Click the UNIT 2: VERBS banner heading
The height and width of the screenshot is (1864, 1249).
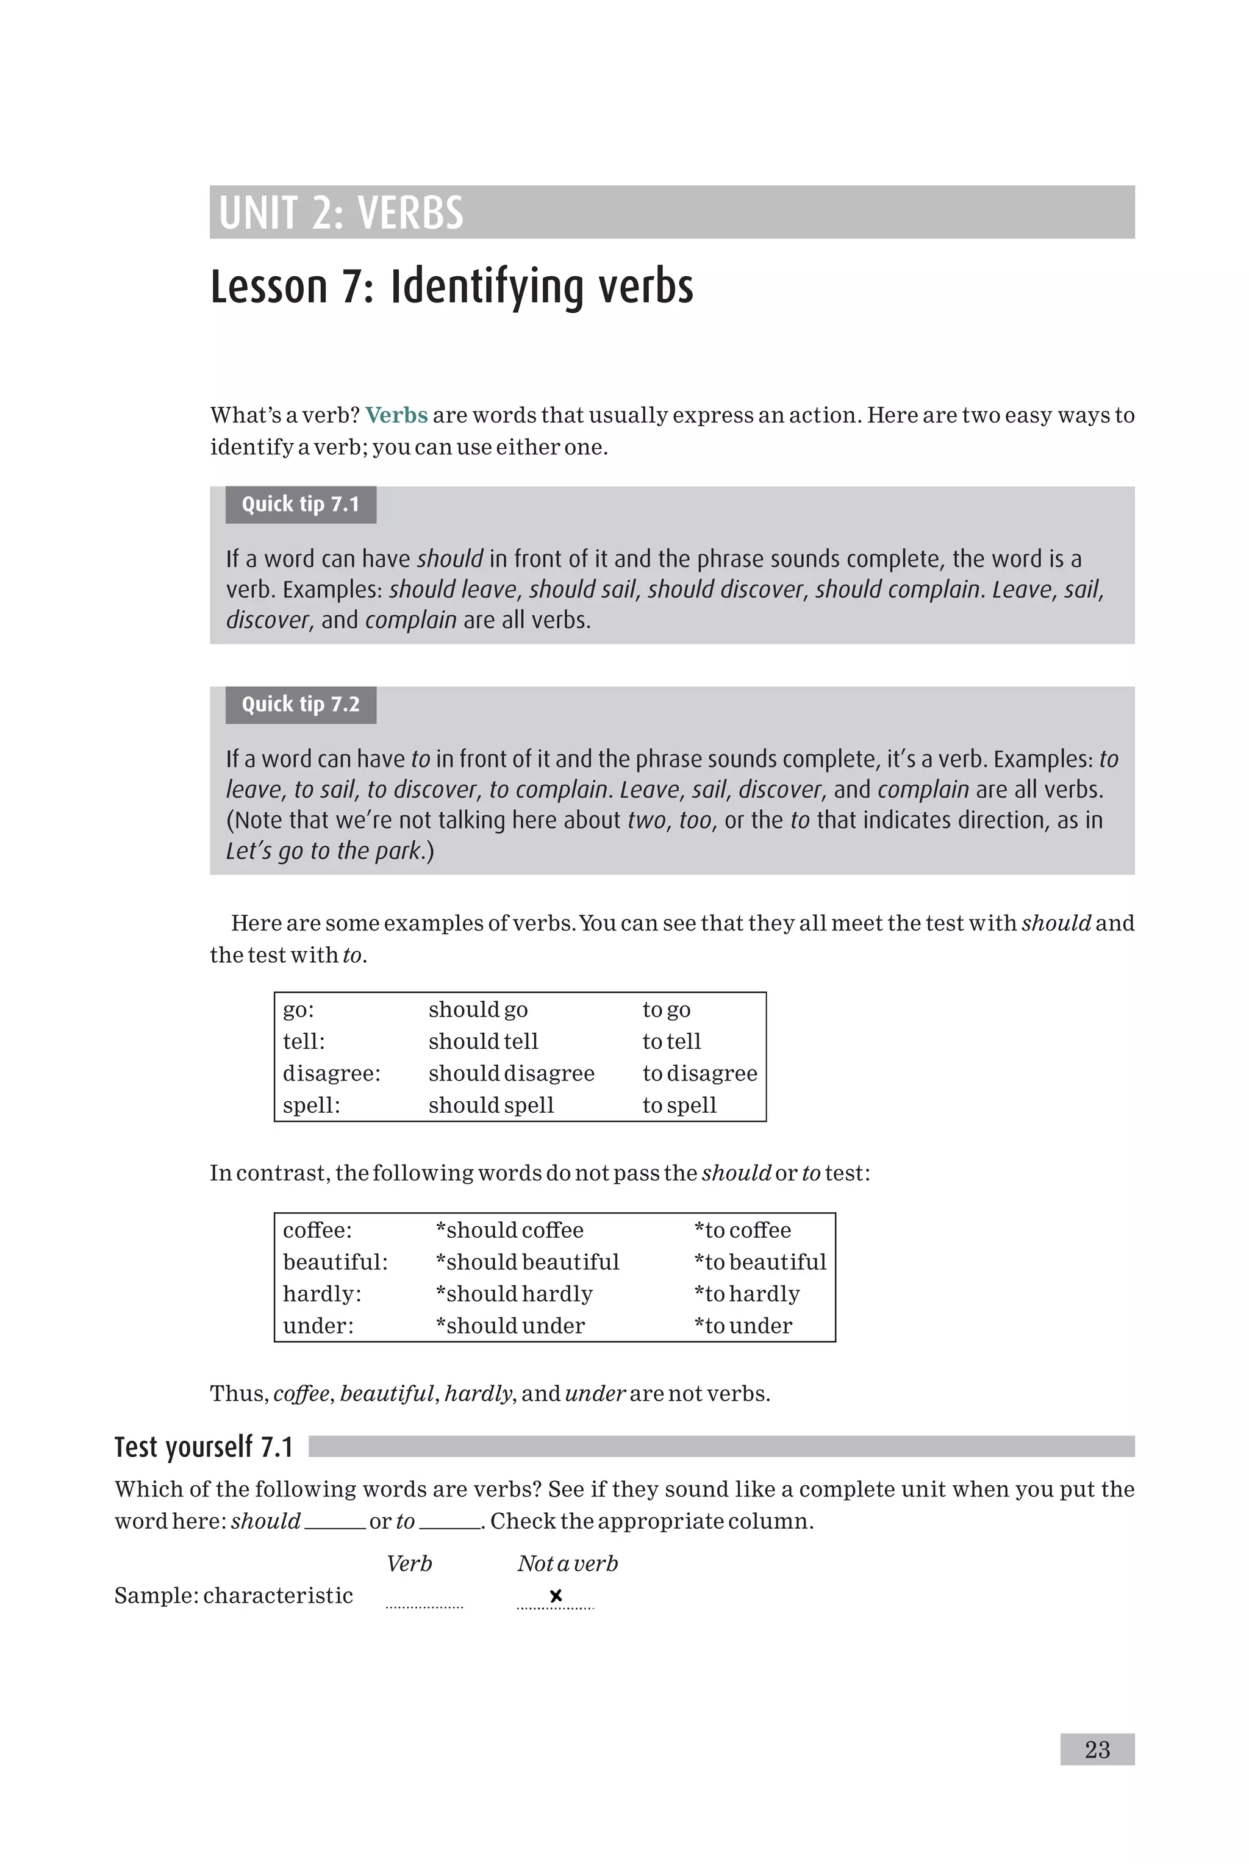(341, 213)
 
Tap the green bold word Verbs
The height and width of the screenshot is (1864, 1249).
(396, 415)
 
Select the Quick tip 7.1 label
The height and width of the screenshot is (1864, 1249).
(300, 504)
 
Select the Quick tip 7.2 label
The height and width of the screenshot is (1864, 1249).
(300, 704)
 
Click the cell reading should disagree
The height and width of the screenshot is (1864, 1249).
(510, 1073)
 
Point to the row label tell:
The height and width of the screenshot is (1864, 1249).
(304, 1041)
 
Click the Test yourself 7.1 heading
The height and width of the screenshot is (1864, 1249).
(204, 1447)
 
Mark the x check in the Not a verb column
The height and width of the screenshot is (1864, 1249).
(556, 1596)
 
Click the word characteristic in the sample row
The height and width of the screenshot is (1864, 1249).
(278, 1595)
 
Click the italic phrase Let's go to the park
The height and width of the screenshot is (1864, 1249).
(323, 851)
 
